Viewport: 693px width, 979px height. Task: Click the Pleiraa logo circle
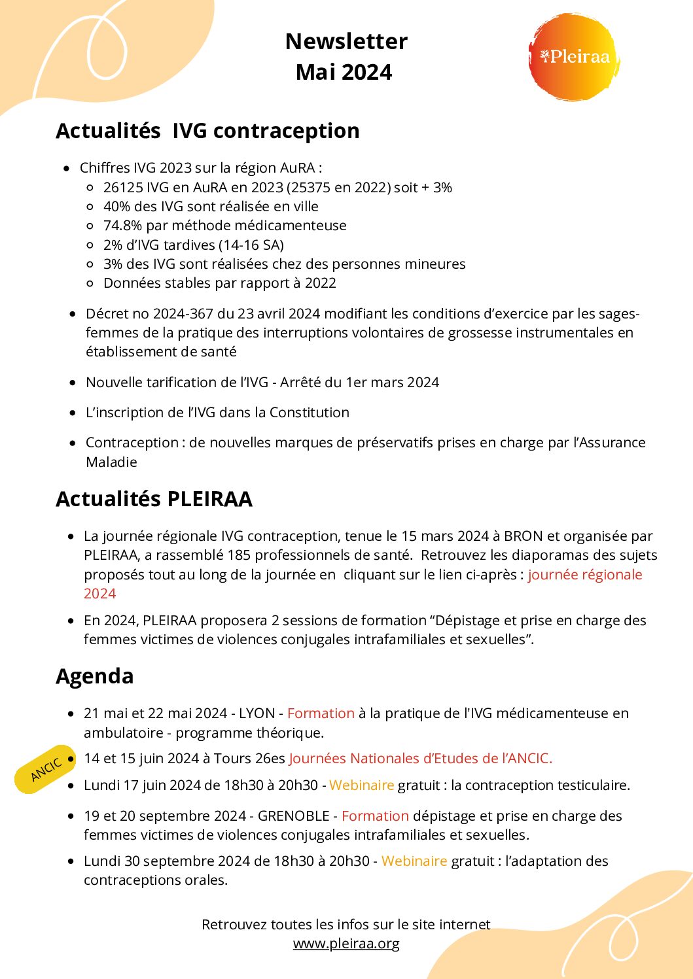[573, 58]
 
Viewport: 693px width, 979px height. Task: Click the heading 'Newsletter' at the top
[346, 42]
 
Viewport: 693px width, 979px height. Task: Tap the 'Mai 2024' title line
[344, 72]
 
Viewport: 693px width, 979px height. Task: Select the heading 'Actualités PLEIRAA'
[154, 499]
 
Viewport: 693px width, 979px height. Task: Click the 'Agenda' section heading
[95, 676]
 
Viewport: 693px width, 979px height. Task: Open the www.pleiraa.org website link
[346, 944]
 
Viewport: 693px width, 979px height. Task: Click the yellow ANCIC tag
[46, 769]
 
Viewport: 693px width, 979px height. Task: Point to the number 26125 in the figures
[123, 188]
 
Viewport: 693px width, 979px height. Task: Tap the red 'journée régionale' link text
[584, 575]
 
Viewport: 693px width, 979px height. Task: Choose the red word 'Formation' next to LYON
[321, 713]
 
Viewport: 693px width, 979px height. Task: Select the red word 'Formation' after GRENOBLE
[375, 816]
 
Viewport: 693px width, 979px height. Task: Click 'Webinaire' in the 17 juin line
[362, 785]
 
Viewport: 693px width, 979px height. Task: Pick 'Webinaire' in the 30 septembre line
[414, 861]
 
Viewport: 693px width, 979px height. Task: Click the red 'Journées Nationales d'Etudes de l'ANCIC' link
[420, 759]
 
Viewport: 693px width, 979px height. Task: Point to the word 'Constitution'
[310, 413]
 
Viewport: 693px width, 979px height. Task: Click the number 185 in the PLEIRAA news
[239, 555]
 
